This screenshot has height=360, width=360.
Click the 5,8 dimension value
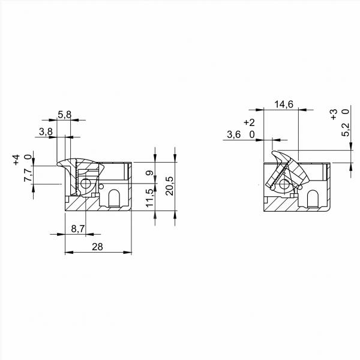[65, 115]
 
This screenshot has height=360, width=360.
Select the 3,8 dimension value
[46, 132]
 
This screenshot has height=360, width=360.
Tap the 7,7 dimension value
[28, 175]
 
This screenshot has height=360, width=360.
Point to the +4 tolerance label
[16, 160]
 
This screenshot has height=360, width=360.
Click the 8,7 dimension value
[78, 229]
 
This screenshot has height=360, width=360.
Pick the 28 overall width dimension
[97, 247]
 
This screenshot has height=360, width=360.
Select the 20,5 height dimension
[169, 186]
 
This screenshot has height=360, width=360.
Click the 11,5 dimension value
[149, 197]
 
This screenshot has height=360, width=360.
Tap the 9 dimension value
[149, 173]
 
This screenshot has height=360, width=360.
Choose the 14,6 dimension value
[284, 104]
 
